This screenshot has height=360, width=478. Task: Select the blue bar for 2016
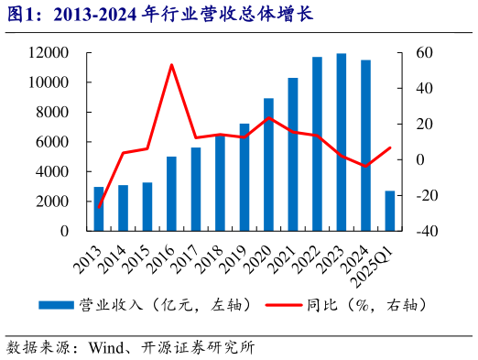(x=171, y=193)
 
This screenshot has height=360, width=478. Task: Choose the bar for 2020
(x=268, y=164)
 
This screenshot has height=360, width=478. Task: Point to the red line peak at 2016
(x=171, y=65)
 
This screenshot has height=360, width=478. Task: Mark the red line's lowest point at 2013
(x=99, y=207)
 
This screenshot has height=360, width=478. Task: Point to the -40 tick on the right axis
(x=428, y=231)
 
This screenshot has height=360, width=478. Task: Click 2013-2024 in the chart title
(x=91, y=14)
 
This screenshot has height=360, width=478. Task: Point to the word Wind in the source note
(x=107, y=347)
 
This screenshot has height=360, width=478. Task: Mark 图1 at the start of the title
(x=20, y=14)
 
